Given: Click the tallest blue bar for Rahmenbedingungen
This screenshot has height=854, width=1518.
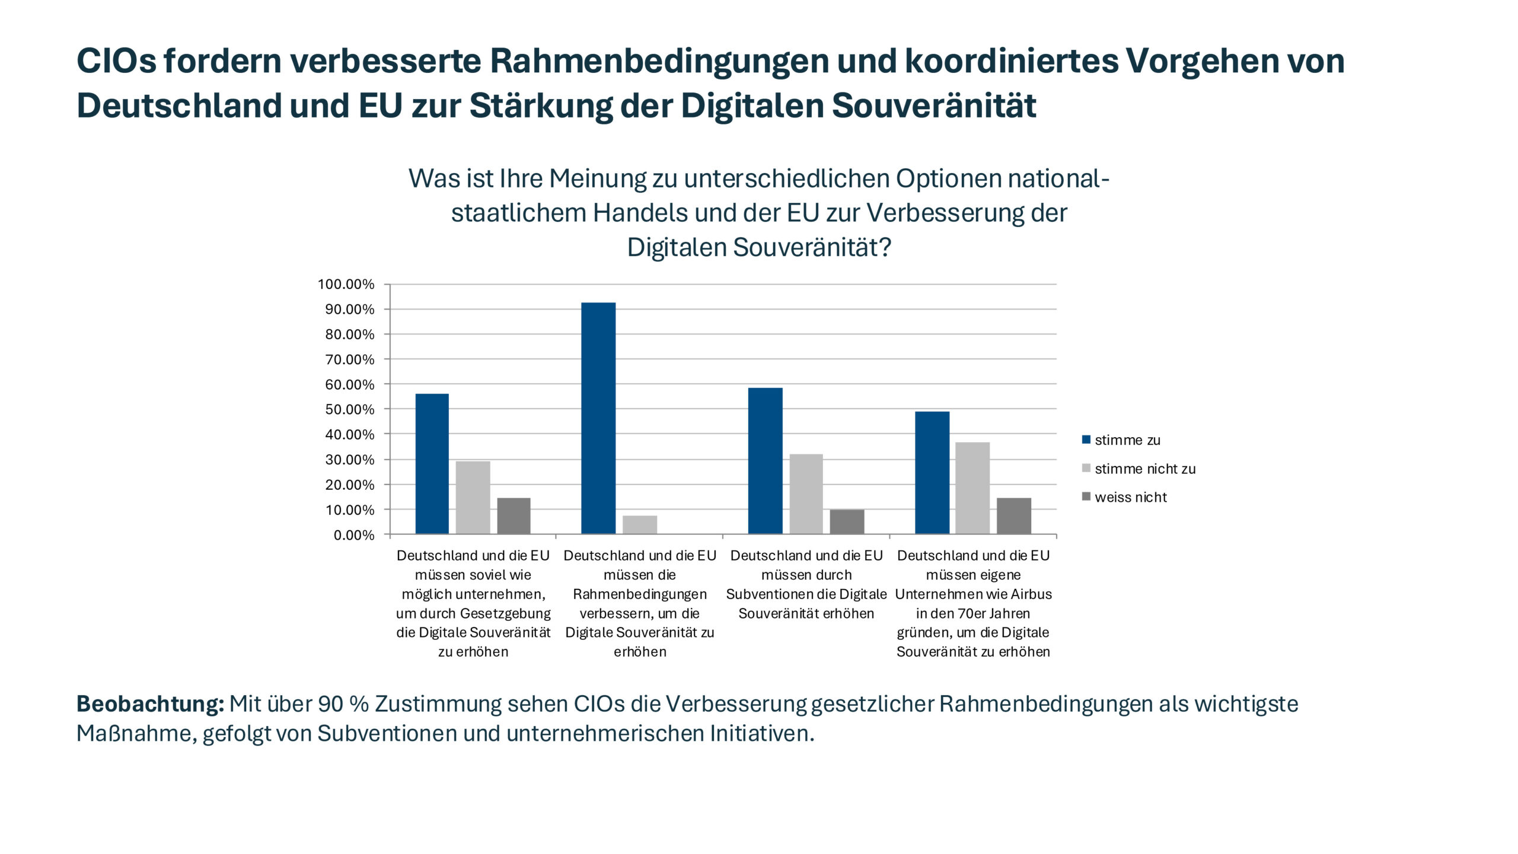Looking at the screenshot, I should tap(598, 418).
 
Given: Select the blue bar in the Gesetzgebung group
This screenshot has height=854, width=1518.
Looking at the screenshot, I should tap(432, 464).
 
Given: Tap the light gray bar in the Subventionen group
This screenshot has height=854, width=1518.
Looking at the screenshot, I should tap(806, 494).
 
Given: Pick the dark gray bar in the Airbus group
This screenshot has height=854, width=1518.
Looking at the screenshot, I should tap(1013, 516).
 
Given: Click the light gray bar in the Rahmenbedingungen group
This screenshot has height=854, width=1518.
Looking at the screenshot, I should tap(639, 525).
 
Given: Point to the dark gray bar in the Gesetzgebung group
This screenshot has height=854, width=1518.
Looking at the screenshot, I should tap(514, 516).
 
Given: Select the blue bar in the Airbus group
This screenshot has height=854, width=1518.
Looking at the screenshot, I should tap(932, 473).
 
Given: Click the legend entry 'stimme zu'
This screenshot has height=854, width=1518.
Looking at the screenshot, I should tap(1127, 440).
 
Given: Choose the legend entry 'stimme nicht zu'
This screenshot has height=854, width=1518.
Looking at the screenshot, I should tap(1144, 469).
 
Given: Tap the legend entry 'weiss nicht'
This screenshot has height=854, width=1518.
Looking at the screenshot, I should tap(1130, 497).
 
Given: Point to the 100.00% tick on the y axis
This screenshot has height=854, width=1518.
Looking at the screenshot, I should tap(346, 284).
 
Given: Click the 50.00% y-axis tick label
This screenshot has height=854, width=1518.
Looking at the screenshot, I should tap(349, 409).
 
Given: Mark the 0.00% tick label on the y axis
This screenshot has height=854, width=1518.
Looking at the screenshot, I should tap(353, 535).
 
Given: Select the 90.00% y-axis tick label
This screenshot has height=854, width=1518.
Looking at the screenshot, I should tap(349, 309).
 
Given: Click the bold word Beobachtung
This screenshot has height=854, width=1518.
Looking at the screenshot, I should tap(150, 704).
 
